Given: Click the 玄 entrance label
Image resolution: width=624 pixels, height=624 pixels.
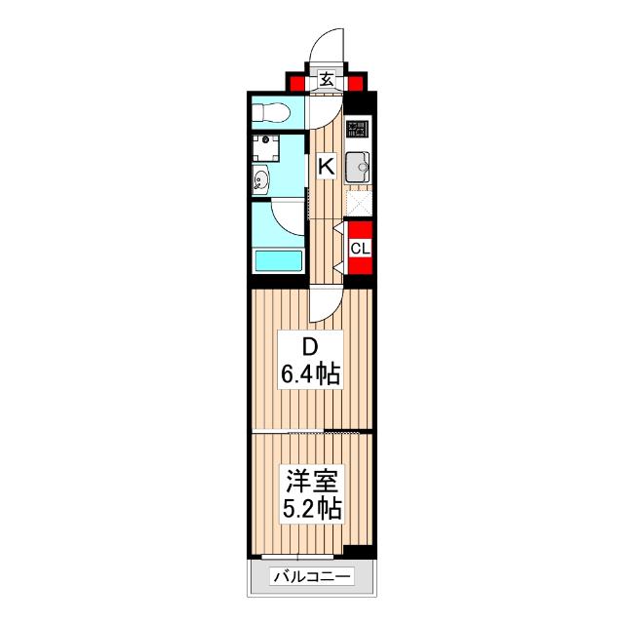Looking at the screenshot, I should click(x=326, y=81).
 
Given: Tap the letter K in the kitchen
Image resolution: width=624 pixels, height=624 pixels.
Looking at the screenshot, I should click(x=326, y=167).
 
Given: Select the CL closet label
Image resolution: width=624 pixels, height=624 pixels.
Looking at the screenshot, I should click(x=360, y=248).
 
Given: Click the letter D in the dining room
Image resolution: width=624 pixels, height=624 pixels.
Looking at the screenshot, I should click(x=309, y=347).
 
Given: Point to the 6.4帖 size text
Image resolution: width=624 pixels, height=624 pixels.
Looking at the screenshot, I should click(x=311, y=374).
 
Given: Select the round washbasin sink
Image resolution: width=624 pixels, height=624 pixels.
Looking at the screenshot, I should click(x=261, y=179).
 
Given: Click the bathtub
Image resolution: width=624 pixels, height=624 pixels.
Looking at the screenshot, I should click(x=278, y=260).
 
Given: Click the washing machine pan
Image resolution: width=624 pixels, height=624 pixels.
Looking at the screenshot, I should click(x=264, y=149).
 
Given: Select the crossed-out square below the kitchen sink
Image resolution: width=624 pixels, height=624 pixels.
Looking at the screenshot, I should click(x=359, y=200).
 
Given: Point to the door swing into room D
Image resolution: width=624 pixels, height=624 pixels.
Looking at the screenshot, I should click(x=322, y=307).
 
